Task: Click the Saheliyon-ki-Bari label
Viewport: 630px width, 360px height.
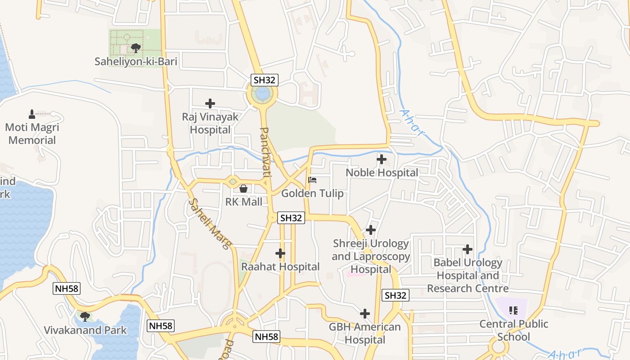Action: click(135, 62)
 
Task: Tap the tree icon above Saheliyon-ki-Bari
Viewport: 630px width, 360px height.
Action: click(135, 47)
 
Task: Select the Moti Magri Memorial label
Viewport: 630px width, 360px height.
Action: click(32, 134)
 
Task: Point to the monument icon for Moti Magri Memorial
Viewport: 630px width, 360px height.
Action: click(32, 114)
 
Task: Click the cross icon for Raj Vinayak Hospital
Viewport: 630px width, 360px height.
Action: click(210, 103)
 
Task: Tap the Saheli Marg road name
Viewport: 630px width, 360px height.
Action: click(210, 224)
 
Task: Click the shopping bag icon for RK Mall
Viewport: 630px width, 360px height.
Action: click(243, 189)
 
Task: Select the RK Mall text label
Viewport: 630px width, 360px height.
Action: click(243, 202)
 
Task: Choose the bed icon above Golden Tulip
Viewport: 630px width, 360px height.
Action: click(312, 180)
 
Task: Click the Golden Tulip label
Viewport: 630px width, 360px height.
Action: click(312, 193)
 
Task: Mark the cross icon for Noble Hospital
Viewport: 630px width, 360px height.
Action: click(382, 159)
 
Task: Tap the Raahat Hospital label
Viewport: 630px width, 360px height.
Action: click(280, 266)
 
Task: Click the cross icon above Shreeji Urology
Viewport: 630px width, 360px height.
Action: click(371, 230)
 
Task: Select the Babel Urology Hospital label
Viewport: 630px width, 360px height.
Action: click(468, 275)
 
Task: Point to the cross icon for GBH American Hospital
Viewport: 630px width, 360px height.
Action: click(365, 314)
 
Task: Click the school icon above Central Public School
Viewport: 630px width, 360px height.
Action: click(513, 310)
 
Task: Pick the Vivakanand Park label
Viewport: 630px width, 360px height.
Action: click(85, 330)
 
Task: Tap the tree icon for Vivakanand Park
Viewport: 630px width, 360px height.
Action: click(85, 316)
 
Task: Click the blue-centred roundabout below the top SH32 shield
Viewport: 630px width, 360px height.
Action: click(262, 94)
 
